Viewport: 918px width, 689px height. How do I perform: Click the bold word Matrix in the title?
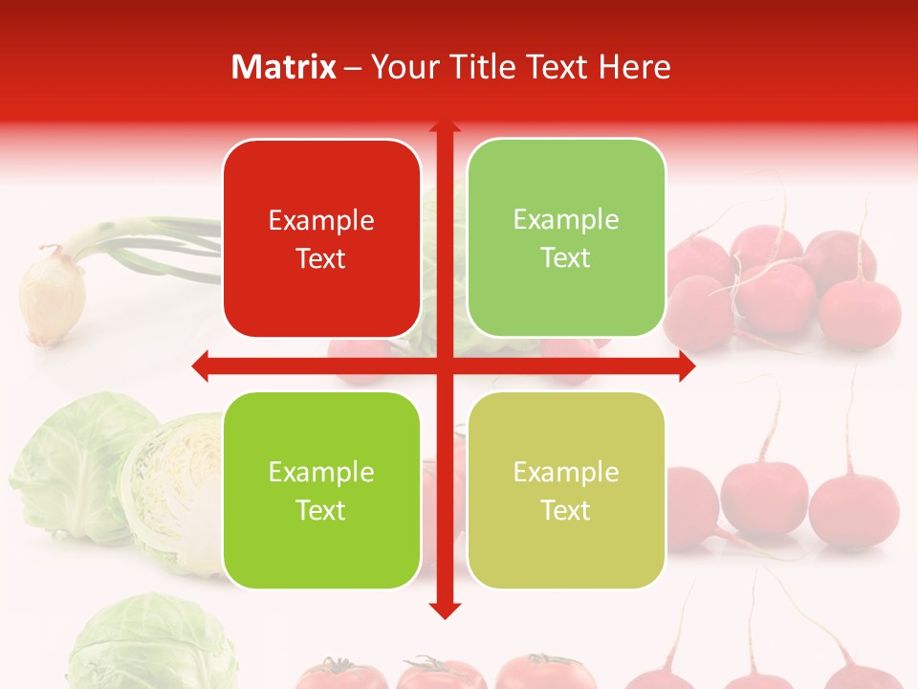[284, 67]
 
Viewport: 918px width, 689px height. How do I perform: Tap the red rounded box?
[321, 238]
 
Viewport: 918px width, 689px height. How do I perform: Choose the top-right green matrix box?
[566, 237]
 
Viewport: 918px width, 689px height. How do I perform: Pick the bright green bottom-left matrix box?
[321, 490]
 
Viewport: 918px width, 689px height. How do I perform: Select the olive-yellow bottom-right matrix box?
[566, 490]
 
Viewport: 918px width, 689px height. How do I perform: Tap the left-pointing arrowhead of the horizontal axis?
[200, 366]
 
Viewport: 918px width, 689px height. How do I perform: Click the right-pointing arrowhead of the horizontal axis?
[688, 366]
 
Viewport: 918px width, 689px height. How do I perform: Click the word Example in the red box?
[321, 220]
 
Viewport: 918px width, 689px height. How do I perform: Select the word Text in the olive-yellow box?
[566, 510]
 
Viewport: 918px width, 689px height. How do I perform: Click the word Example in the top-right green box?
[566, 219]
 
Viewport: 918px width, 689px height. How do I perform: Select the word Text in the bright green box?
[321, 510]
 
